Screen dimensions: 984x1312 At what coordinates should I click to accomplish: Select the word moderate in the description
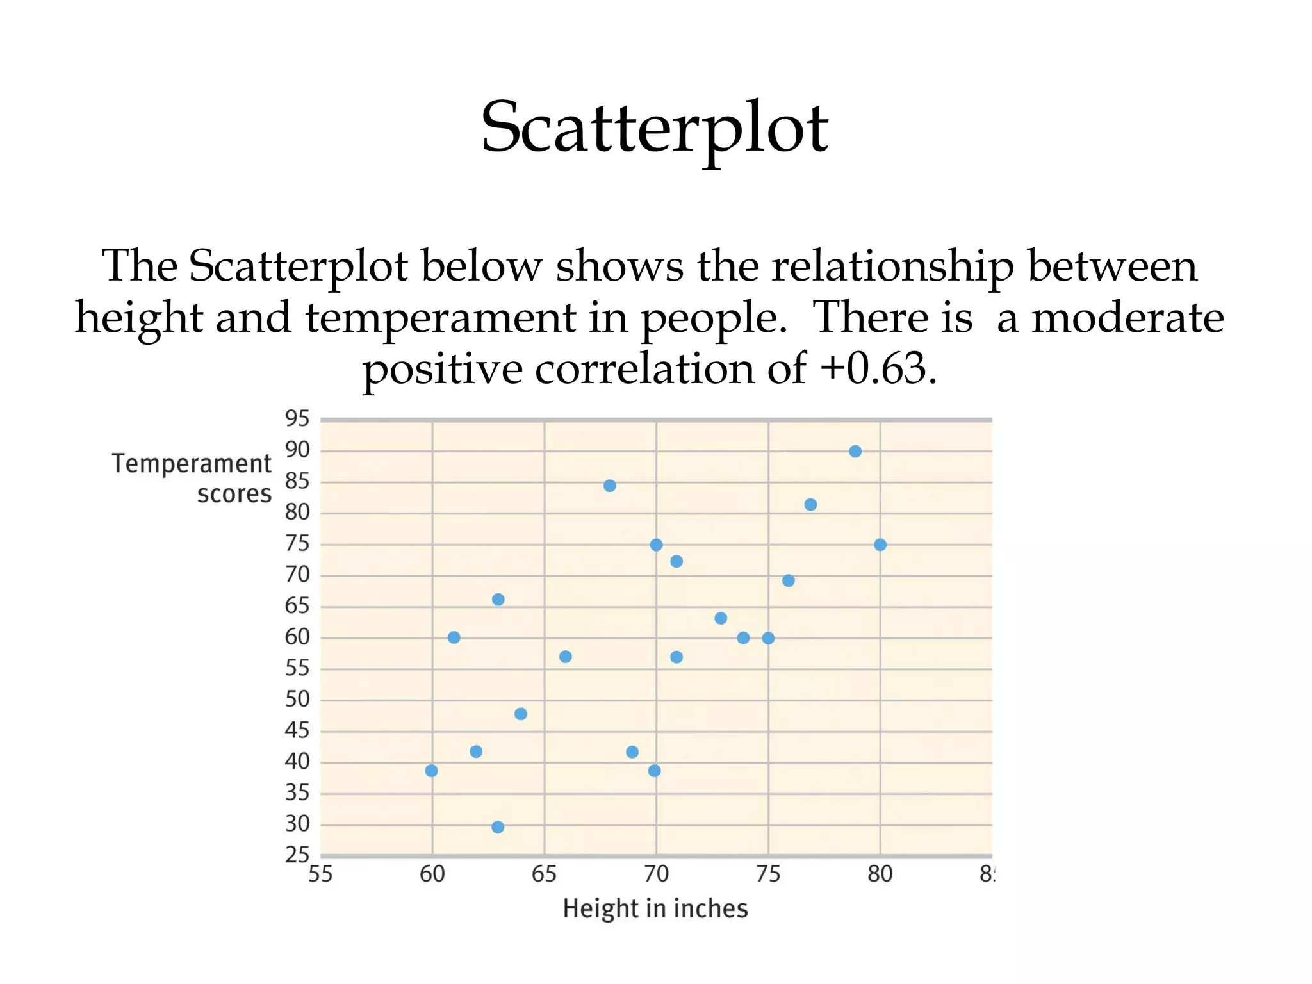pos(1127,318)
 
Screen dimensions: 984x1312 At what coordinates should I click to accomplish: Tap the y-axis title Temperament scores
pos(192,479)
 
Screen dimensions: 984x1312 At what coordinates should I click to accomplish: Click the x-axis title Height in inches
pos(655,908)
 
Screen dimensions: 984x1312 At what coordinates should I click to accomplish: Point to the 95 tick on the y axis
pos(297,419)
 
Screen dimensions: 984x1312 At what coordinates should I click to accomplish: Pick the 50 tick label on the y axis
pos(297,699)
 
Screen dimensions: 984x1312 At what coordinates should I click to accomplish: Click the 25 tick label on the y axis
pos(297,855)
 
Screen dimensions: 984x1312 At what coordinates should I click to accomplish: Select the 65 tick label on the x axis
pos(544,874)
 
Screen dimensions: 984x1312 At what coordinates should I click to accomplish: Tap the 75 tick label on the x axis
pos(768,874)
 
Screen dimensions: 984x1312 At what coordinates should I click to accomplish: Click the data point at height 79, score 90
pos(855,452)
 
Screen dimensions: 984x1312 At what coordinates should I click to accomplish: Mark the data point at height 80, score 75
pos(880,545)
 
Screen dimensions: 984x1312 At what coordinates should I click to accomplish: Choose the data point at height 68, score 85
pos(610,486)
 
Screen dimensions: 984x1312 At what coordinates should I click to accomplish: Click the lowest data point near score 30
pos(498,827)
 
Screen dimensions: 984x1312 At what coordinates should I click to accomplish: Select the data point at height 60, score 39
pos(432,771)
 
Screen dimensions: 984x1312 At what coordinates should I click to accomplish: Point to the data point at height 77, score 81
pos(810,505)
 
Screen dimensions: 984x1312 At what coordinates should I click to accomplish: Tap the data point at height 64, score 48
pos(521,714)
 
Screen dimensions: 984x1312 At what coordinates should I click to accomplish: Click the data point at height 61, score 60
pos(454,637)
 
